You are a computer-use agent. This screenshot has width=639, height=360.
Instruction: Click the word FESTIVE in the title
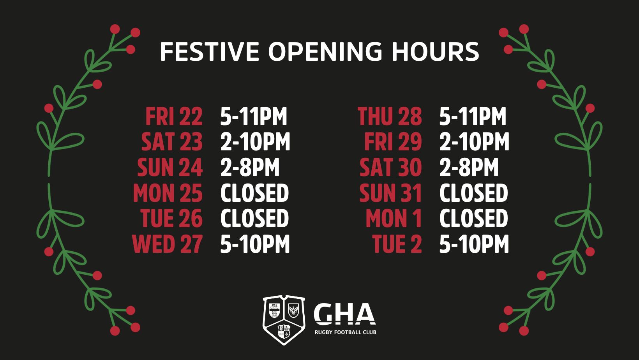click(210, 52)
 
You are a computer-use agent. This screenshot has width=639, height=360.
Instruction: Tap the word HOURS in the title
click(435, 52)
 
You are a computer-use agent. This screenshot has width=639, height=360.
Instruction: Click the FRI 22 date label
click(174, 116)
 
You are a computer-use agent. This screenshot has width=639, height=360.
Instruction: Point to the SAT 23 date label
click(172, 142)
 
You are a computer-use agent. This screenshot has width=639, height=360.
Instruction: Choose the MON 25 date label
click(168, 193)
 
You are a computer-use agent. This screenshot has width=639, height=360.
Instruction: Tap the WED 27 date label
click(168, 244)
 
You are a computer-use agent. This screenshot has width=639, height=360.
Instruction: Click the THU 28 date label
click(390, 116)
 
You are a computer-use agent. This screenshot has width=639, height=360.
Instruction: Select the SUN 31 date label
click(390, 193)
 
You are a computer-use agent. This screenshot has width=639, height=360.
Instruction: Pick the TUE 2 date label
click(397, 244)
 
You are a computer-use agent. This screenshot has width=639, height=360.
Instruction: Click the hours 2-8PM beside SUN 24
click(250, 168)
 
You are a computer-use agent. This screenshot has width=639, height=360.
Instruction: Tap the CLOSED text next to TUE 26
click(255, 219)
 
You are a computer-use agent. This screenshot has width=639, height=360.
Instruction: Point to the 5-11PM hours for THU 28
click(473, 116)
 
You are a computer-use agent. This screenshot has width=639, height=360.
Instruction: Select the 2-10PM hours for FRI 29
click(474, 142)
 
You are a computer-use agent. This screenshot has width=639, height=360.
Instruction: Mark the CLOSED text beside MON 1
click(473, 219)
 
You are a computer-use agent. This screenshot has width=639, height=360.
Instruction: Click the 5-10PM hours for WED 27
click(255, 244)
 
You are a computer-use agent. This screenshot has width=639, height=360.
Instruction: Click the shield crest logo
click(284, 320)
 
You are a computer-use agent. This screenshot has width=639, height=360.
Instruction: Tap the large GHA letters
click(344, 314)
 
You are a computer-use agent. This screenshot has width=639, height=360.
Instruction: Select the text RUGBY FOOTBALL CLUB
click(345, 332)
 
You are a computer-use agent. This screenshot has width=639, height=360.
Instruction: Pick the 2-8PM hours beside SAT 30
click(469, 168)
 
